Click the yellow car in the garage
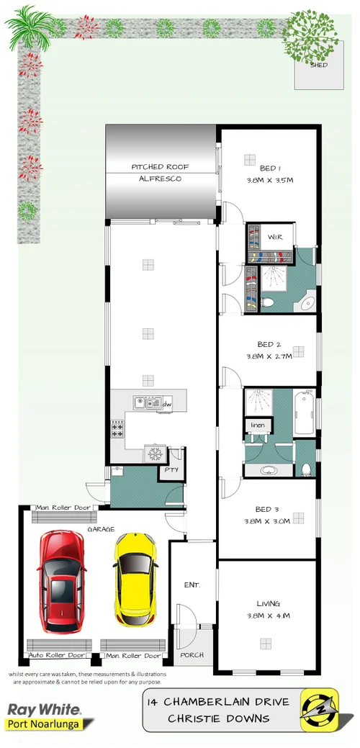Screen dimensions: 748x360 pos(135,579)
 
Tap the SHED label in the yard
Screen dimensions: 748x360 pos(318,66)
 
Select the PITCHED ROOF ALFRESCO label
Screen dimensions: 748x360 pos(156,172)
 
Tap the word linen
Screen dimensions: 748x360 pos(258,425)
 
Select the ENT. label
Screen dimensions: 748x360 pos(192,585)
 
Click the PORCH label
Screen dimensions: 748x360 pos(192,655)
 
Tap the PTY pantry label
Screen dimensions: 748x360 pos(171,471)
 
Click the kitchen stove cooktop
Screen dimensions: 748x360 pos(117,430)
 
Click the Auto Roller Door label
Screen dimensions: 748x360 pos(56,656)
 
